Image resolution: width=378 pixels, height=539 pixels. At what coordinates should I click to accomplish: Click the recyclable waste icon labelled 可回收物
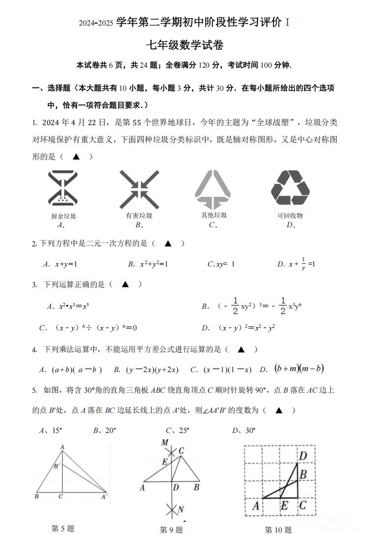290,188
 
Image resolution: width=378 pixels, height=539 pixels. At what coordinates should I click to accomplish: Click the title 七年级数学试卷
185,46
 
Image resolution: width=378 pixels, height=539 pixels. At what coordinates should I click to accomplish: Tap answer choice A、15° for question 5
51,431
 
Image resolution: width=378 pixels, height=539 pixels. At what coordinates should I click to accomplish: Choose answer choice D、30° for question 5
244,431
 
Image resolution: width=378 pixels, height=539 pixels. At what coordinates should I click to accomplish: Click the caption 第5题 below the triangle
62,528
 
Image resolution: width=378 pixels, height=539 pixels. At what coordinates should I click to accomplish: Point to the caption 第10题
278,530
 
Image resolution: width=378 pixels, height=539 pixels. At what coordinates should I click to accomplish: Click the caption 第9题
171,530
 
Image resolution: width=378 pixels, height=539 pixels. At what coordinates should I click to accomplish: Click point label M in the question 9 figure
165,443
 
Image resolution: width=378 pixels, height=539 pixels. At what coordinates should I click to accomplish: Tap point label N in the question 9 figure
180,509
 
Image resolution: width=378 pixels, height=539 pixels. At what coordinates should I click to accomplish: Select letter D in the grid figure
303,456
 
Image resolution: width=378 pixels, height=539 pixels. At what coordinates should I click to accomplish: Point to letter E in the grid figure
284,506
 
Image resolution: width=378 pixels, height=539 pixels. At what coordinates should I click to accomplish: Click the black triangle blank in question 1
76,157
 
